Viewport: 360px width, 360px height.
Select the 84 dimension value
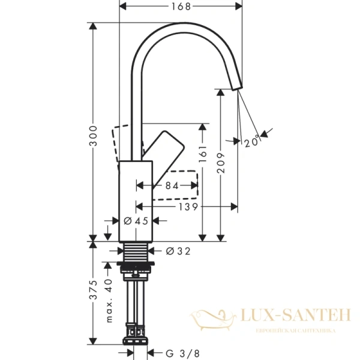(172, 186)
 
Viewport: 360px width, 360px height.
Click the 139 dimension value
(186, 206)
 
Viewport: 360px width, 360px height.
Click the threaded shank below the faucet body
(137, 251)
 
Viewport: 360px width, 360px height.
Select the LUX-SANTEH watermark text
(287, 313)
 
